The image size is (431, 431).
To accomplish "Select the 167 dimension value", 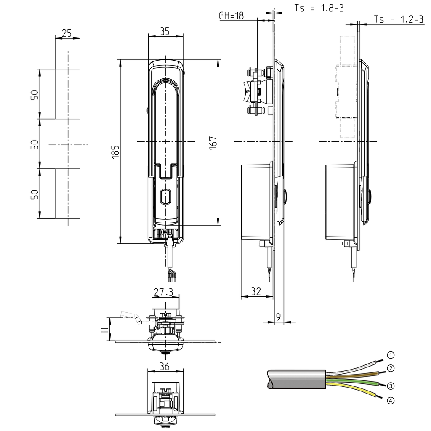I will click(213, 144).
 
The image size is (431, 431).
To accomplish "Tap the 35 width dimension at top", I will click(165, 31).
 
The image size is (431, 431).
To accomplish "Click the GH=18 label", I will click(231, 16).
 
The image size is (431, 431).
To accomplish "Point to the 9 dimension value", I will click(278, 317).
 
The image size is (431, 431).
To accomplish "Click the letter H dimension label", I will click(104, 330).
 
